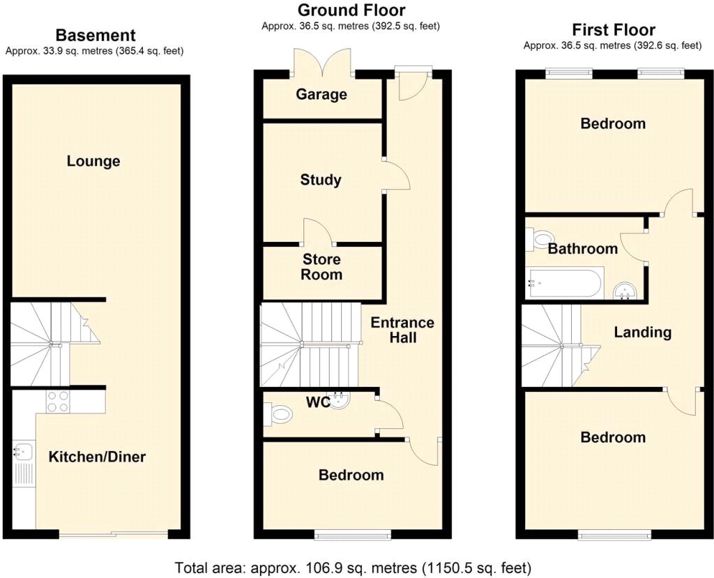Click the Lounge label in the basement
pyautogui.click(x=93, y=161)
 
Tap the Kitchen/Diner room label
pyautogui.click(x=97, y=457)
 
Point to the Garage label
pyautogui.click(x=321, y=94)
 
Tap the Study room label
pyautogui.click(x=321, y=180)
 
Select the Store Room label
pyautogui.click(x=321, y=266)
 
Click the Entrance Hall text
pyautogui.click(x=402, y=330)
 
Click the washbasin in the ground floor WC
pyautogui.click(x=339, y=400)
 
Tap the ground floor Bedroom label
pyautogui.click(x=351, y=475)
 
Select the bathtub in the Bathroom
pyautogui.click(x=563, y=283)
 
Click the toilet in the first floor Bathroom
pyautogui.click(x=540, y=240)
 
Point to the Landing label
pyautogui.click(x=642, y=332)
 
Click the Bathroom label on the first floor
pyautogui.click(x=582, y=248)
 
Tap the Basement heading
pyautogui.click(x=95, y=35)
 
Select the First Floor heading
pyautogui.click(x=614, y=30)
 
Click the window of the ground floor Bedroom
pyautogui.click(x=353, y=535)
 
